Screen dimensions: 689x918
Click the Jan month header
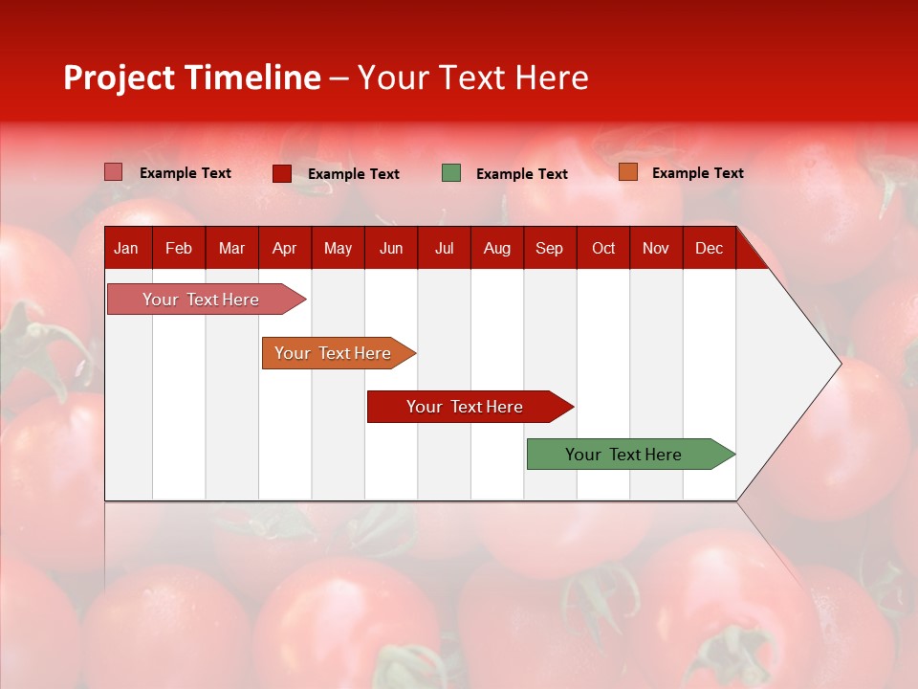[x=126, y=248]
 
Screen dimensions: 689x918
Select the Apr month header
[x=285, y=248]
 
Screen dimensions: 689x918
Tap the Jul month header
[x=444, y=248]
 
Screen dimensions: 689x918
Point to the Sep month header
[x=549, y=248]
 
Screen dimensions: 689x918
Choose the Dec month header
[x=709, y=248]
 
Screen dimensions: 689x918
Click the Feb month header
[x=179, y=248]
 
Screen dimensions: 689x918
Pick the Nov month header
[x=656, y=248]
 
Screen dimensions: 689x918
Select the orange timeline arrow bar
[x=335, y=353]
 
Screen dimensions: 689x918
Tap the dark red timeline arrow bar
[x=466, y=407]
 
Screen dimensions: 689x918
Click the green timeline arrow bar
[x=626, y=455]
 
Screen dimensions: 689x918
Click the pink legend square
[x=114, y=172]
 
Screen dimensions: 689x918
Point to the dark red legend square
[x=282, y=173]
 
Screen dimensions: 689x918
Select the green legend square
[x=451, y=173]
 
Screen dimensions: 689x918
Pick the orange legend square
[x=628, y=172]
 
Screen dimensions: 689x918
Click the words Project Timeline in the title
[x=192, y=78]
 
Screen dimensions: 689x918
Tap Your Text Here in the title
[x=473, y=78]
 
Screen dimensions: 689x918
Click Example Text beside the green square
[x=522, y=174]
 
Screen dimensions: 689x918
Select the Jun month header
[x=391, y=248]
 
